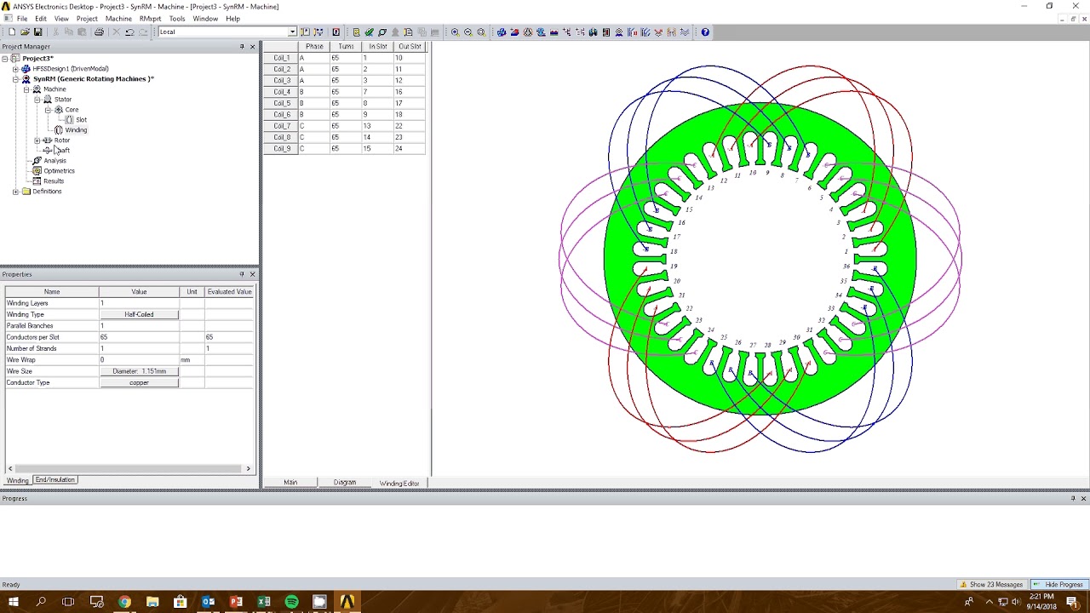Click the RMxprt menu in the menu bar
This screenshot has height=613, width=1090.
coord(150,18)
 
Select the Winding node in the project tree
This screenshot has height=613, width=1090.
coord(76,130)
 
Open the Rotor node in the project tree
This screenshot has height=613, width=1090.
coord(61,140)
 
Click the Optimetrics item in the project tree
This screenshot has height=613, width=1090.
coord(59,171)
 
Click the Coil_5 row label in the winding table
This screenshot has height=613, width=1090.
coord(282,103)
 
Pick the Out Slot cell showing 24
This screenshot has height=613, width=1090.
coord(399,148)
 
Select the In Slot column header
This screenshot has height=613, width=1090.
coord(377,47)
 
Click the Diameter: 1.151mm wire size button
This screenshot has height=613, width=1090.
coord(139,371)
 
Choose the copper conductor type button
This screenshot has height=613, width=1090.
coord(139,383)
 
